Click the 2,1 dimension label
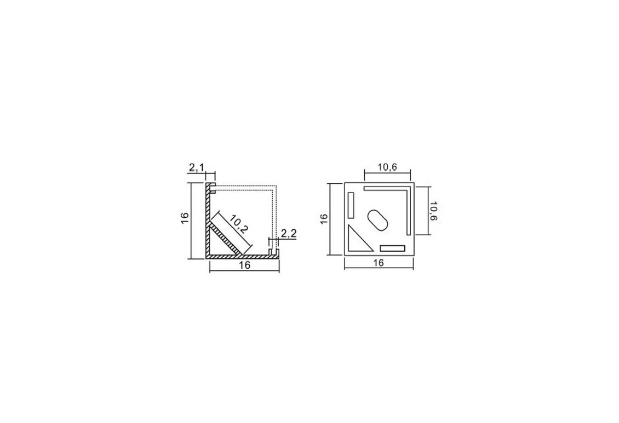pyautogui.click(x=196, y=168)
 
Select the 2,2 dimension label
pyautogui.click(x=289, y=234)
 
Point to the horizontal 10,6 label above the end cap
pyautogui.click(x=387, y=167)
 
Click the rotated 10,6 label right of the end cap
pyautogui.click(x=433, y=211)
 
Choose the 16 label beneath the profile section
pyautogui.click(x=245, y=265)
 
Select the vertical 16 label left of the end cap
pyautogui.click(x=324, y=219)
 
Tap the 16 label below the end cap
pyautogui.click(x=378, y=263)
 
